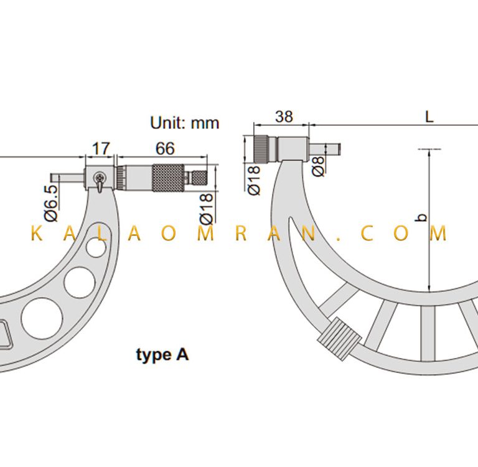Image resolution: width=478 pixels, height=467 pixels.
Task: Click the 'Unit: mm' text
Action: tap(185, 123)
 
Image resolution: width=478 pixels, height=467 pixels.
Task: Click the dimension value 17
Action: tap(101, 149)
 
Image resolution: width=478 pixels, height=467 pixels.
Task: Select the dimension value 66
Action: tap(165, 149)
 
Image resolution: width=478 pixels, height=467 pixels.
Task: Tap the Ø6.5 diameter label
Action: tap(51, 203)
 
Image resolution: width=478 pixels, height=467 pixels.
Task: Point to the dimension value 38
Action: tap(284, 116)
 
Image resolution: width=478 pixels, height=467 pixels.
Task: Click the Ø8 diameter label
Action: tap(318, 166)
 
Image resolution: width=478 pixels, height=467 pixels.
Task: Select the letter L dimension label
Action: tap(429, 116)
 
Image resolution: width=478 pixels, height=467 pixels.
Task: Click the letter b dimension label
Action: tap(422, 217)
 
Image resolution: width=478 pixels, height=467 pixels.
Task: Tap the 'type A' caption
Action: tap(162, 355)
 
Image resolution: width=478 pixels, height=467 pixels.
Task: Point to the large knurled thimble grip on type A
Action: tap(168, 178)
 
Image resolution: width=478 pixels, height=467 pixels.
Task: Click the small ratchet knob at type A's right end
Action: tap(199, 178)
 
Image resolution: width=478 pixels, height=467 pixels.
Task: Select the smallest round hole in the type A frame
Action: tap(96, 247)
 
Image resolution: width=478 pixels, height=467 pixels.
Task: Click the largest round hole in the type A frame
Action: tap(42, 319)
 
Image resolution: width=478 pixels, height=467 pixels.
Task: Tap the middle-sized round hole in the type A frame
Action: tap(80, 283)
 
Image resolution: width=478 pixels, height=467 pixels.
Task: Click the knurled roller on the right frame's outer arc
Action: tap(340, 335)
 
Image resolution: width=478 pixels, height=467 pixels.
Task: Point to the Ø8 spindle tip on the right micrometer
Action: tap(325, 149)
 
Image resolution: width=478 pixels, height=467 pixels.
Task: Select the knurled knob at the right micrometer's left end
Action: tap(262, 149)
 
